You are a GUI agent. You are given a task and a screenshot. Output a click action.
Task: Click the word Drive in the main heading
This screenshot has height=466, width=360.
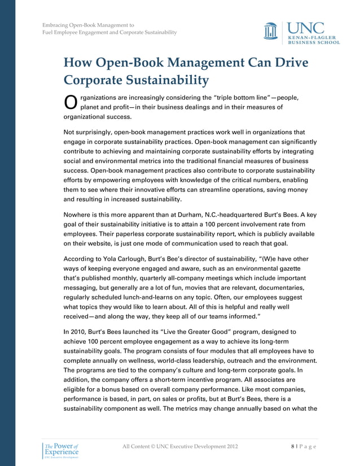(x=290, y=62)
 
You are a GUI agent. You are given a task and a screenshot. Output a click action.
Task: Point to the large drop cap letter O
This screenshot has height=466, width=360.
(x=71, y=102)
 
